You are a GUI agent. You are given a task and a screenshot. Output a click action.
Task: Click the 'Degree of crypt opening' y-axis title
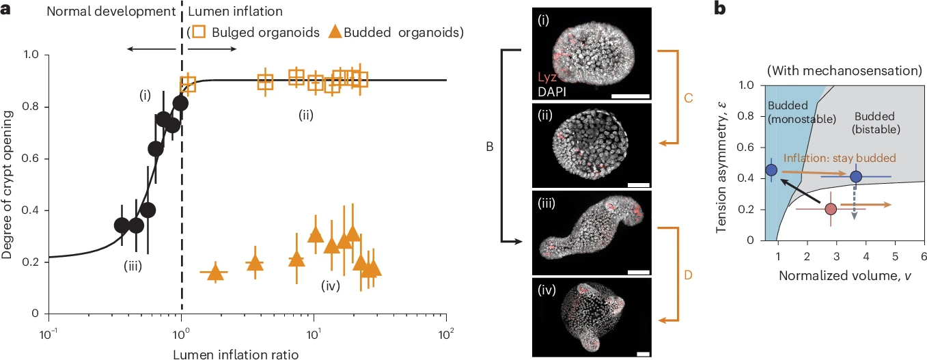(x=9, y=184)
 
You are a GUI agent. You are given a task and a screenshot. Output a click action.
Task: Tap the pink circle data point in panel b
(x=830, y=209)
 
